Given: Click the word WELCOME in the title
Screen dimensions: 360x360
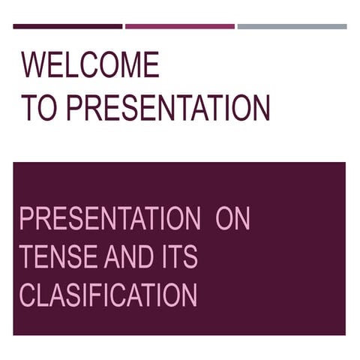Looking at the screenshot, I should coord(90,66).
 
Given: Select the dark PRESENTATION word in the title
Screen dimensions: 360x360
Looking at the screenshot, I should coord(168,108).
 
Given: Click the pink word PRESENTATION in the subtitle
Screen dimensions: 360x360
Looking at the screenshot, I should coord(109,220).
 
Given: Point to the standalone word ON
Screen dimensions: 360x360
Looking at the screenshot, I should coord(232,220).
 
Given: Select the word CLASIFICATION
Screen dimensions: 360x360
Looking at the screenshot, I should coord(108,295).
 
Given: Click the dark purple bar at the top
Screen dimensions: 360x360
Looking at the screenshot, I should coord(67,26).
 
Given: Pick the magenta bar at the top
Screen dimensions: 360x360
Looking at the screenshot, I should coord(180,26).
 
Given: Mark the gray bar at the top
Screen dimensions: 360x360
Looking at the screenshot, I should coord(292,26).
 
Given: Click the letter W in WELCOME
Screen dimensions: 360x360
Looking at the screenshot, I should coord(34,66).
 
